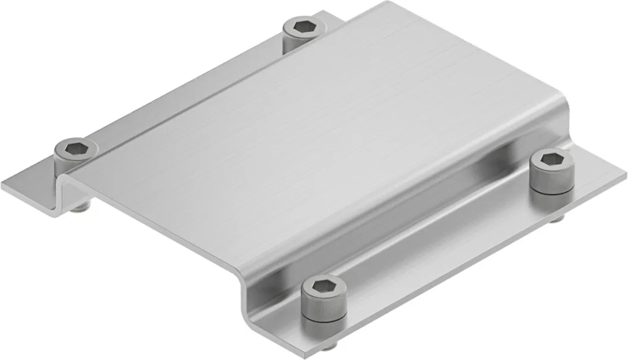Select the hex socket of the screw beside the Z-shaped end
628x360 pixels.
tap(74, 146)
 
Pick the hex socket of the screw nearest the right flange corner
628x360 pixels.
tap(550, 160)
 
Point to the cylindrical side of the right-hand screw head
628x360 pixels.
tap(551, 181)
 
